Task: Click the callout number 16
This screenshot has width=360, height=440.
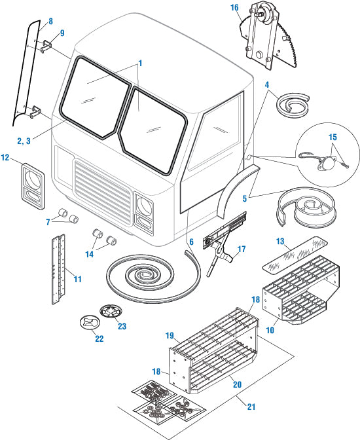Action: click(x=234, y=8)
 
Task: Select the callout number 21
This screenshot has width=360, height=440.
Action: click(x=251, y=407)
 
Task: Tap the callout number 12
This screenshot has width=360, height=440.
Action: click(x=5, y=157)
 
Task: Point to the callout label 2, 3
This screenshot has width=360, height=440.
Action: click(x=24, y=141)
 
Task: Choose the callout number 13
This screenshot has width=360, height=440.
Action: click(x=280, y=242)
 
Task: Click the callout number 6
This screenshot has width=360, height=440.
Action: click(x=191, y=242)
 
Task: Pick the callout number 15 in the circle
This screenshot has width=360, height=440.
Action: click(x=333, y=137)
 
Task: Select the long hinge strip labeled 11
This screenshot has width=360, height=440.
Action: click(x=58, y=269)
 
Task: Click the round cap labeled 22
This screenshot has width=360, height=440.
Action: click(x=89, y=322)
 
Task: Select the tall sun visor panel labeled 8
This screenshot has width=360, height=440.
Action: click(x=26, y=73)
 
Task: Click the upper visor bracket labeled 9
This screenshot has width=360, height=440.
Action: click(x=46, y=46)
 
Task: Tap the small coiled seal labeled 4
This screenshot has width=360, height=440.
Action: click(x=293, y=104)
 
